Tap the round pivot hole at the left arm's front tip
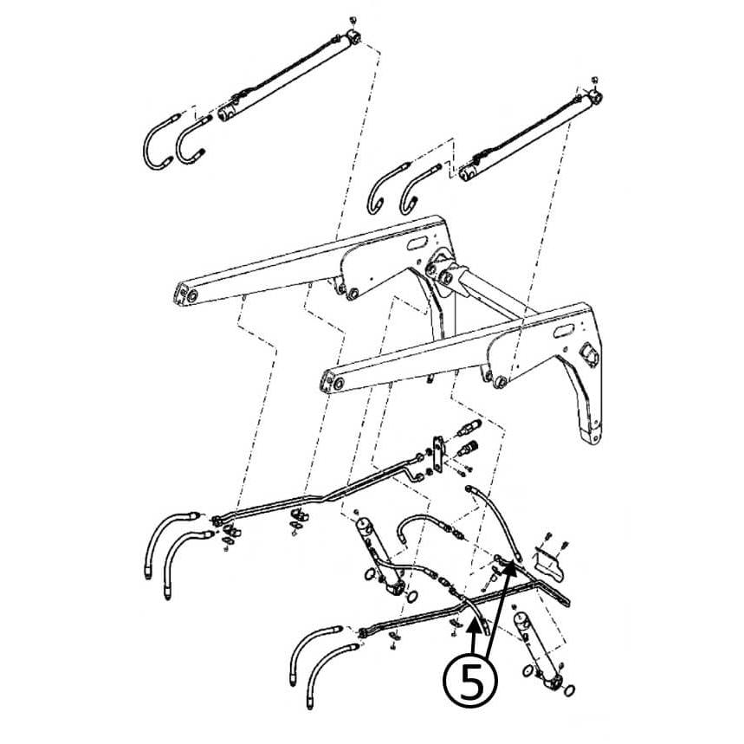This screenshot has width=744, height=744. [192, 295]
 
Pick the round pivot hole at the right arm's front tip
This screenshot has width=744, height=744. [339, 383]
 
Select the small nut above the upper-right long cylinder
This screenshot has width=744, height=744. [594, 80]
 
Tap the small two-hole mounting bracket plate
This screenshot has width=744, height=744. [439, 454]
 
